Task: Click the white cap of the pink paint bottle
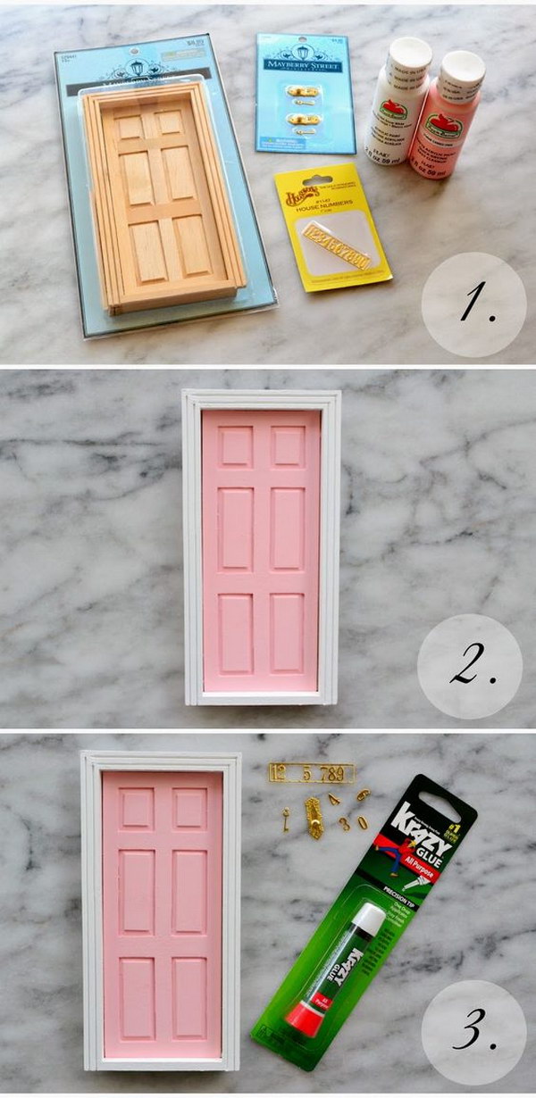pos(461,67)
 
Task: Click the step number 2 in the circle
pos(470,666)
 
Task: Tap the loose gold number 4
pos(333,799)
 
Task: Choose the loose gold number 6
pos(362,794)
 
